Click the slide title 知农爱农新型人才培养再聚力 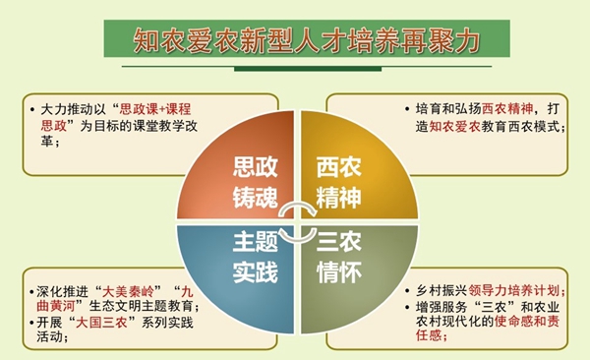click(294, 40)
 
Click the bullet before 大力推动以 click(35, 109)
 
